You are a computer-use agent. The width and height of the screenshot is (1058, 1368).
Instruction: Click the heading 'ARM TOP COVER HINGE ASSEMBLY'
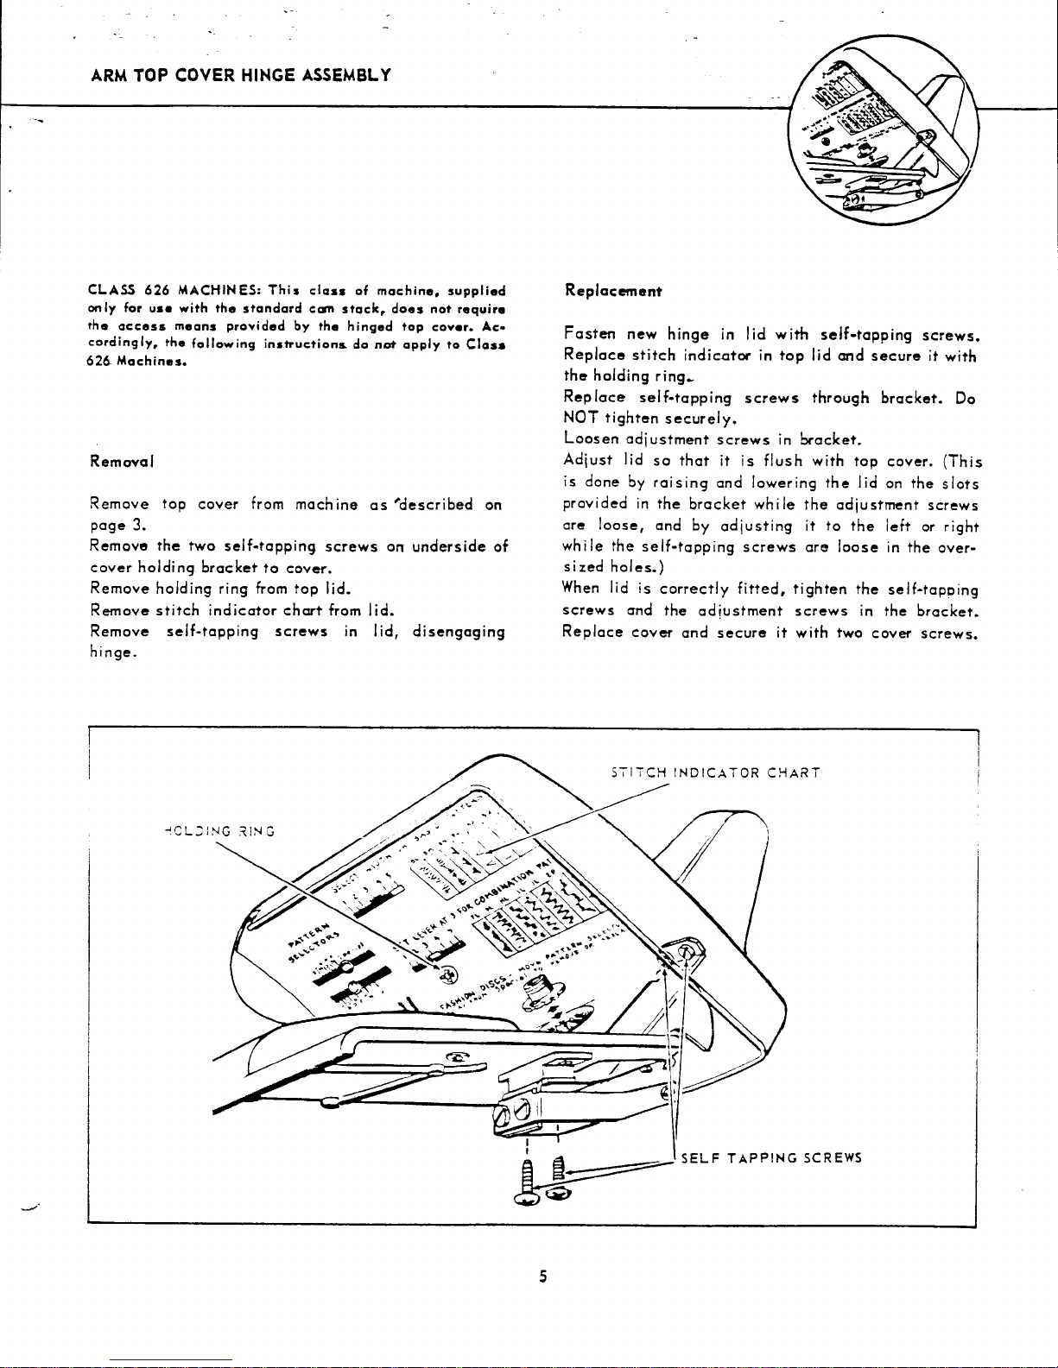241,74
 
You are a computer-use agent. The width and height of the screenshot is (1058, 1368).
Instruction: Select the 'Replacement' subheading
612,291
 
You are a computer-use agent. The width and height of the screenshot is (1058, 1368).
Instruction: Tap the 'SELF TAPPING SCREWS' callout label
771,1158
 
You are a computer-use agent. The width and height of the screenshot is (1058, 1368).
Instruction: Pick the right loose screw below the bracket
559,1179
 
